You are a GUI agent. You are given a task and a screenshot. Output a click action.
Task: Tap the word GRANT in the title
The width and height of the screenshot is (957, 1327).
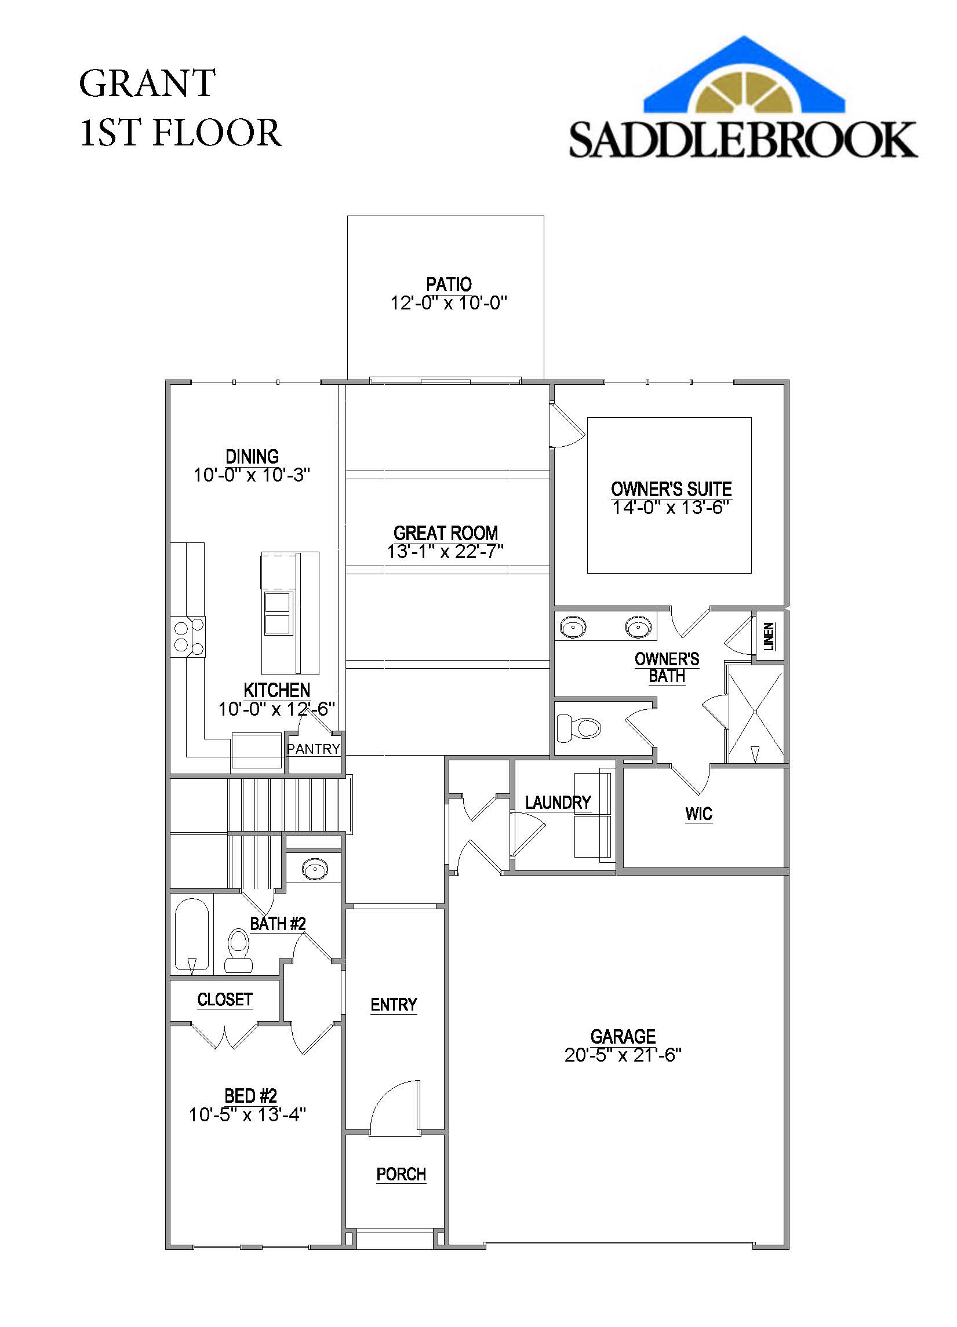tap(147, 83)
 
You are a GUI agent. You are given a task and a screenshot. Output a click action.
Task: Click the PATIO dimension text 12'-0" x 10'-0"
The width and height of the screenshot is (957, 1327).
tap(448, 303)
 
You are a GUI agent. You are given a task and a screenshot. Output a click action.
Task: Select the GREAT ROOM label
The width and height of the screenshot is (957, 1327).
tap(445, 533)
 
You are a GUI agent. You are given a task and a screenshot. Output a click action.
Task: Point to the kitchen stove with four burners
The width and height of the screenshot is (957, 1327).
tap(188, 637)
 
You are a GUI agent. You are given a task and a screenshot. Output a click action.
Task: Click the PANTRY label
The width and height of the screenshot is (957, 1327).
tap(313, 749)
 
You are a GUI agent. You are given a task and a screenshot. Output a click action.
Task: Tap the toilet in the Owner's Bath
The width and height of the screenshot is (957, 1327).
tap(579, 728)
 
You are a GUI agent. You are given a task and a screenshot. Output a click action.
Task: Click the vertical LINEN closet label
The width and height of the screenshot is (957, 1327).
tap(769, 637)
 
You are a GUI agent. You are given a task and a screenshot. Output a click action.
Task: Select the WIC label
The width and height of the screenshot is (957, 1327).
tap(698, 813)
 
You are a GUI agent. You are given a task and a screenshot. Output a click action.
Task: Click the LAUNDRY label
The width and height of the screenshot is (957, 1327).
tap(558, 802)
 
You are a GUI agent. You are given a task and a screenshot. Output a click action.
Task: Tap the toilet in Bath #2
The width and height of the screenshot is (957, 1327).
tap(238, 951)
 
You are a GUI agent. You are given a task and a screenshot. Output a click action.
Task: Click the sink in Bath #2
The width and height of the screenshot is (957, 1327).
tap(315, 870)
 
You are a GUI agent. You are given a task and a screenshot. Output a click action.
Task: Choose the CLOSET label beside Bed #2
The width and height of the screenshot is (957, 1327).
tap(225, 1000)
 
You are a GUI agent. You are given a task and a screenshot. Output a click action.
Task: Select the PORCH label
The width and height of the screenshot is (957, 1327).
tap(401, 1174)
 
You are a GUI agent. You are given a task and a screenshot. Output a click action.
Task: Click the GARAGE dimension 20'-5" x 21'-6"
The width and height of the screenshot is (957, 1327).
tap(623, 1055)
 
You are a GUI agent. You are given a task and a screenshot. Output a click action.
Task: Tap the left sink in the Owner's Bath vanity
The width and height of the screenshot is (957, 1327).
tap(573, 627)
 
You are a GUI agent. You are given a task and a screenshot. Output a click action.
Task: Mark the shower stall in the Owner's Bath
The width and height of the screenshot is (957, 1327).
tap(755, 714)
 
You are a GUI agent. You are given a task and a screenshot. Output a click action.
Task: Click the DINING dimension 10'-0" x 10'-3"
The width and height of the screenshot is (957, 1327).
tap(252, 475)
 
